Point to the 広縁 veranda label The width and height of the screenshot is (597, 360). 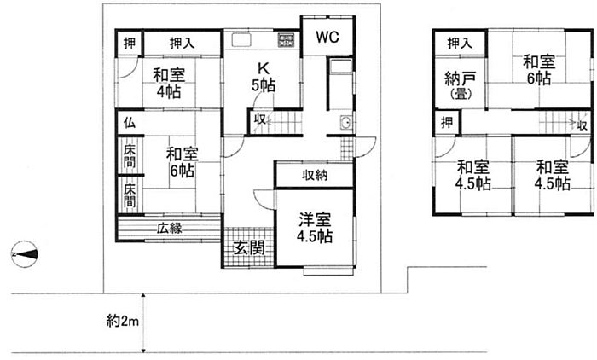coord(169,228)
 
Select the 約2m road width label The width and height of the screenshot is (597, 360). coord(122,321)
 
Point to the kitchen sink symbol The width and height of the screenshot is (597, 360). coord(238,39)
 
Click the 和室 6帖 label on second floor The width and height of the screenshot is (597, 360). coord(538,69)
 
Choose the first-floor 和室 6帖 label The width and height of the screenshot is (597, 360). coord(181,161)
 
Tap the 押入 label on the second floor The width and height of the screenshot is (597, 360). coord(459,43)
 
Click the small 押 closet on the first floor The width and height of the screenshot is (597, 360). coord(129,42)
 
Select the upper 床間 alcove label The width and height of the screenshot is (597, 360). coord(129,156)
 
